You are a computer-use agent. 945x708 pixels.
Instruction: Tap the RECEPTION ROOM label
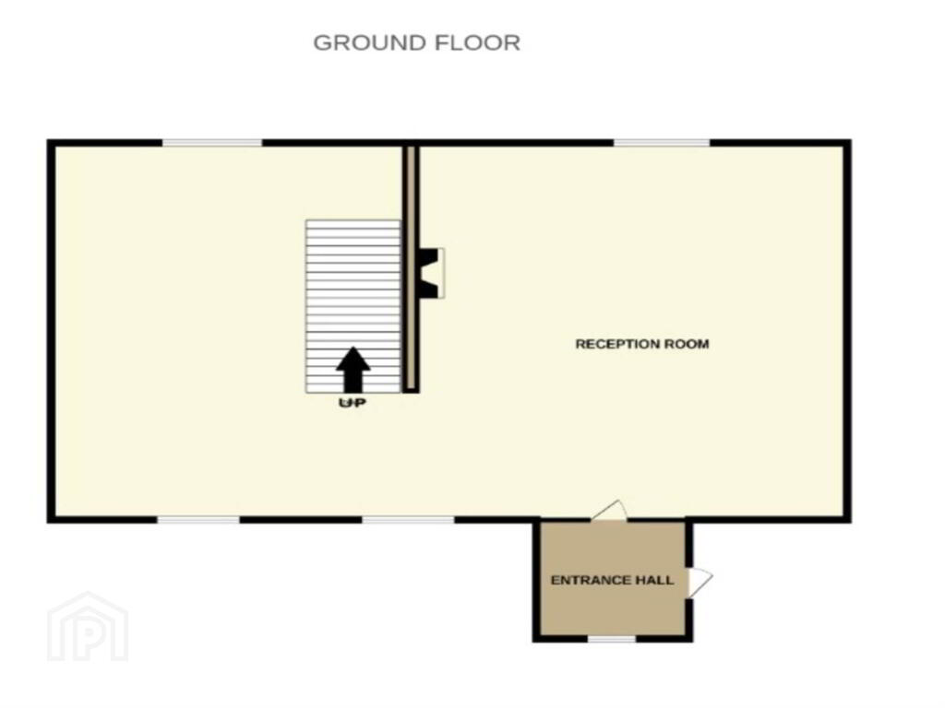point(642,344)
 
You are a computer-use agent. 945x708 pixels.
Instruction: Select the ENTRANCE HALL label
point(612,580)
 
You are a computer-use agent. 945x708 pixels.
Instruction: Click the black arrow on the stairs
point(353,369)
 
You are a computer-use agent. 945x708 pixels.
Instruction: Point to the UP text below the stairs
point(353,402)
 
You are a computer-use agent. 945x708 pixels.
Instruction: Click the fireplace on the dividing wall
point(431,273)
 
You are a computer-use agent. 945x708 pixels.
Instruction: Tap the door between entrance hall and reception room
point(609,511)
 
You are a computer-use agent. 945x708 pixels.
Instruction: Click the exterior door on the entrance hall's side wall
point(700,580)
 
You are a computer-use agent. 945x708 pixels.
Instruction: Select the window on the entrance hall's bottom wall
point(611,639)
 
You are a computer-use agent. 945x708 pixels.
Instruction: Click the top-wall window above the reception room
point(662,143)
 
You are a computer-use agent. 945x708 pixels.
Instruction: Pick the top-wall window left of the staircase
point(212,143)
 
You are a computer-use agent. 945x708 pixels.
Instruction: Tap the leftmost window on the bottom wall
point(198,520)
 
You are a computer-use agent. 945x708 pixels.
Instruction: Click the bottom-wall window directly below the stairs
point(408,520)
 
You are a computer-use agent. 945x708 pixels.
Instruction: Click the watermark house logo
point(88,626)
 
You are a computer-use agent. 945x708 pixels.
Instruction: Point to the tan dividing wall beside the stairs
point(411,268)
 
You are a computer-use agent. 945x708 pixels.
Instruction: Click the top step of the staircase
point(353,224)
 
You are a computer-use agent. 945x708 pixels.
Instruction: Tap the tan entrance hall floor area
point(612,608)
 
